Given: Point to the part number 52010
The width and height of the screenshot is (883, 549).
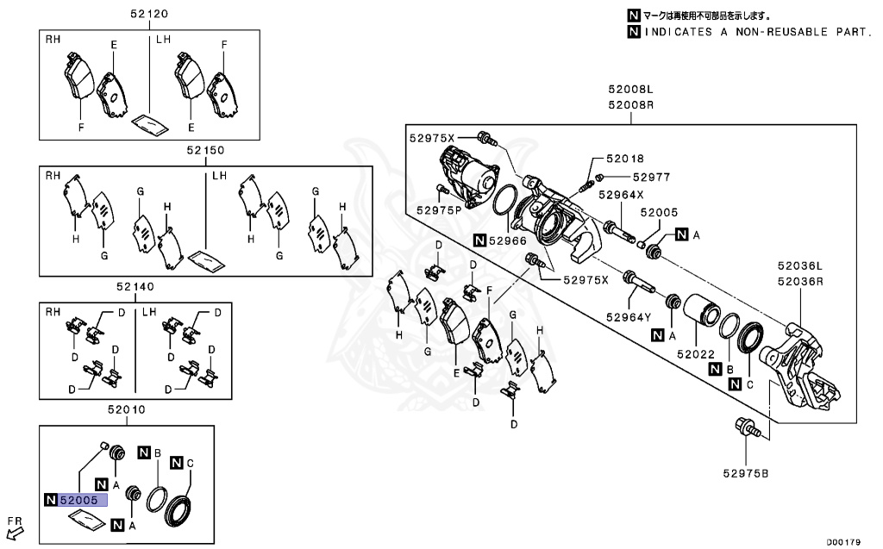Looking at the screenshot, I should click(127, 409).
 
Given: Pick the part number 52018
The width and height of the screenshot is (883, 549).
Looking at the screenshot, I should click(624, 159).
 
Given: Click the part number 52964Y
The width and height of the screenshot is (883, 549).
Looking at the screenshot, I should click(627, 317).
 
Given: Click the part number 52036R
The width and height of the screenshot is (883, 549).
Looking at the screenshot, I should click(799, 281).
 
